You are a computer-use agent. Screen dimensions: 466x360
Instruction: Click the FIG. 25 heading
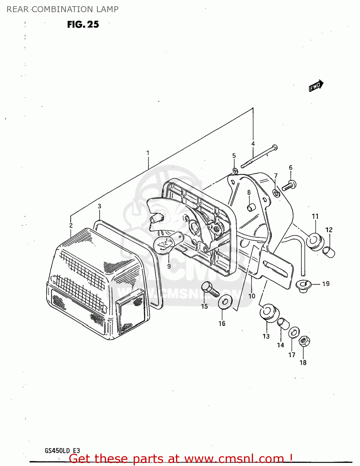pos(83,25)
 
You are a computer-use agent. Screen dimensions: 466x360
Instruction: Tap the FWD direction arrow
pos(316,86)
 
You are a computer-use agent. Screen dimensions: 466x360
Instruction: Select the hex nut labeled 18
pos(304,341)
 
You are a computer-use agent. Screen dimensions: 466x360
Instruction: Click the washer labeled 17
pos(294,332)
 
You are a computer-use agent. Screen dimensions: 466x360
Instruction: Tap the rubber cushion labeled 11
pos(314,241)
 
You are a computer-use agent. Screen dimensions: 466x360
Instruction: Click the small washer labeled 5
pos(235,171)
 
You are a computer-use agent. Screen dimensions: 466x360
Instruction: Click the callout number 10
pos(252,296)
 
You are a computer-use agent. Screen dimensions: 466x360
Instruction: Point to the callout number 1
pos(148,153)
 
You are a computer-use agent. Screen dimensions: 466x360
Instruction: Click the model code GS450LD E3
pos(62,451)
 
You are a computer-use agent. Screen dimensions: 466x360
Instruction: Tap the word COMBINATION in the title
pos(62,9)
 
